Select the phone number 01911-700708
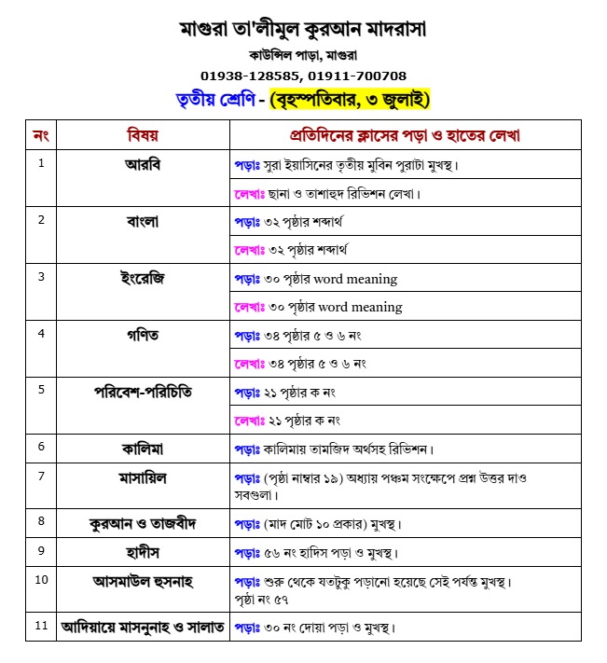click(360, 76)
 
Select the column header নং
click(40, 135)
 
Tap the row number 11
click(40, 626)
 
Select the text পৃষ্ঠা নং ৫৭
click(260, 600)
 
